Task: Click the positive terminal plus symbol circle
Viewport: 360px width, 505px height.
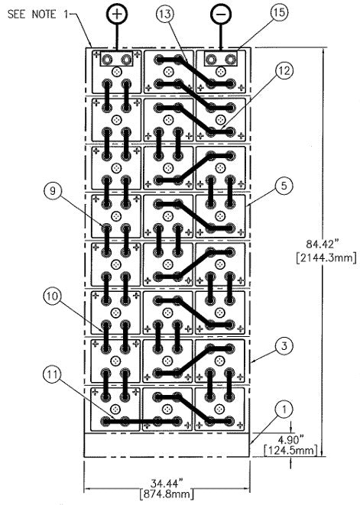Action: pos(117,14)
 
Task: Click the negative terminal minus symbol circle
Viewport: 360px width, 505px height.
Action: pos(221,14)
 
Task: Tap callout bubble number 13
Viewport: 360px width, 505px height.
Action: pos(164,15)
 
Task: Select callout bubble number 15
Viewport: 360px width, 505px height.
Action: pos(279,12)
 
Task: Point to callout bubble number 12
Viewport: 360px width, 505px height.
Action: pos(284,70)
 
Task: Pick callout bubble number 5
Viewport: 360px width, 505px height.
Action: pos(284,186)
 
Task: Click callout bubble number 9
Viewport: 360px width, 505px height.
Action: pos(52,191)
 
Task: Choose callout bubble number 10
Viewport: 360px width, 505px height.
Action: pos(52,296)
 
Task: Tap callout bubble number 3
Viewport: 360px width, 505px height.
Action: pos(284,347)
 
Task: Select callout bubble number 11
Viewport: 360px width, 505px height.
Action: pos(52,375)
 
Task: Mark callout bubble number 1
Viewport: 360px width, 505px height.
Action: pos(284,410)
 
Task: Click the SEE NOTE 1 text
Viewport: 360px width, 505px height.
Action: pos(37,15)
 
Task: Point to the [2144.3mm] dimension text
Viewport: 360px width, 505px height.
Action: pos(326,258)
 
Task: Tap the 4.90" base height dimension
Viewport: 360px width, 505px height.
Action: pos(290,439)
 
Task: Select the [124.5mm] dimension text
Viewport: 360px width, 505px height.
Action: pos(290,450)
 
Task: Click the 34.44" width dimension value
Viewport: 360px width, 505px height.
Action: pos(167,483)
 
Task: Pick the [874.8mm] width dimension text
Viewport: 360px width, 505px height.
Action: pos(167,494)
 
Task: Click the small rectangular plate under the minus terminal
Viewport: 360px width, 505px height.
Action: pos(221,59)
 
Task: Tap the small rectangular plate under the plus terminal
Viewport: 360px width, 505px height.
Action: pos(117,59)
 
